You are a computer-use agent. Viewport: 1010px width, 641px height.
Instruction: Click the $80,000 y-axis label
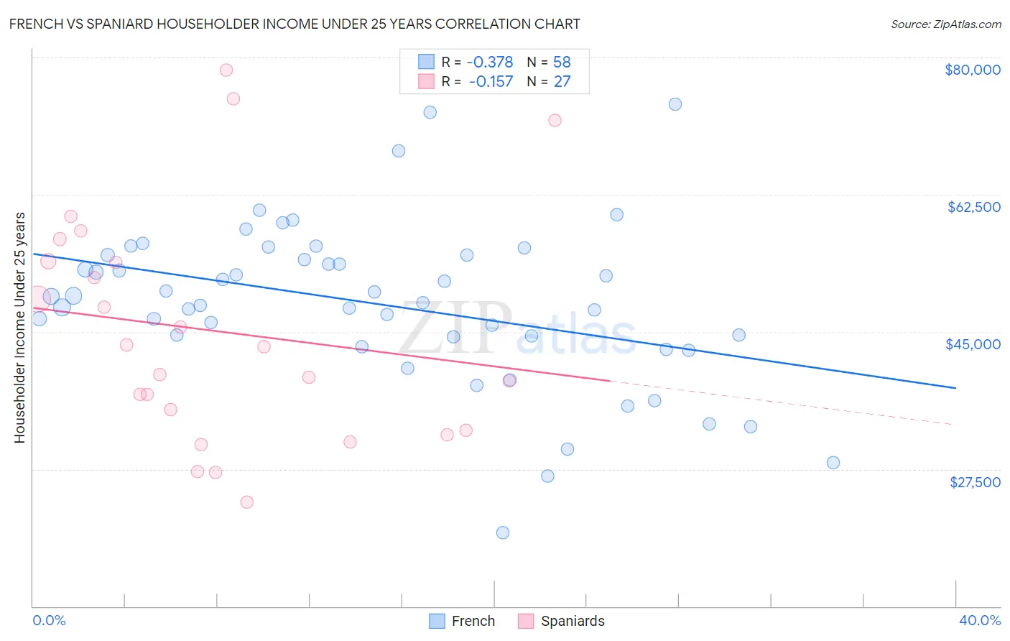pyautogui.click(x=973, y=70)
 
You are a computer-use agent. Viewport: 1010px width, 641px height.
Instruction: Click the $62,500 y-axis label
pyautogui.click(x=974, y=207)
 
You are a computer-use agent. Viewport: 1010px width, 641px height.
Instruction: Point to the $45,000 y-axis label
pyautogui.click(x=973, y=344)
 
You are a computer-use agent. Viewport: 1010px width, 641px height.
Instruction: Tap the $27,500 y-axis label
pyautogui.click(x=975, y=482)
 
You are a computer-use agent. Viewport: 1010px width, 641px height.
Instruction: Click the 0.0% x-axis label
pyautogui.click(x=49, y=620)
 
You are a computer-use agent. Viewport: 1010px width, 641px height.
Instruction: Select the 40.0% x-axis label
pyautogui.click(x=980, y=620)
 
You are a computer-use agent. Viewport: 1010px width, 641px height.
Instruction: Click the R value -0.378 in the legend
pyautogui.click(x=490, y=62)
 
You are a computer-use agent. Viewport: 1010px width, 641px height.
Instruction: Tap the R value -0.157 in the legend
pyautogui.click(x=491, y=81)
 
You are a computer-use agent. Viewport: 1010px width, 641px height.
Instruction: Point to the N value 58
pyautogui.click(x=562, y=62)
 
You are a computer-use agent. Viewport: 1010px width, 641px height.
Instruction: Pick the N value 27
pyautogui.click(x=562, y=81)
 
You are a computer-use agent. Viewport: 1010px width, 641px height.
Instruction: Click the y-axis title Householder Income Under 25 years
pyautogui.click(x=19, y=327)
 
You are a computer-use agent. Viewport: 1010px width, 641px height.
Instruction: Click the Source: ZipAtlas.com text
pyautogui.click(x=946, y=24)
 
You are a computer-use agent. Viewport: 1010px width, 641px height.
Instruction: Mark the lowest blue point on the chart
pyautogui.click(x=503, y=532)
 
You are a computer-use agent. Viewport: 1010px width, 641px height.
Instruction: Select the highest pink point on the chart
pyautogui.click(x=226, y=70)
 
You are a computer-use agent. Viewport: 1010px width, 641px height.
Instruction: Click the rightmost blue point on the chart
pyautogui.click(x=833, y=462)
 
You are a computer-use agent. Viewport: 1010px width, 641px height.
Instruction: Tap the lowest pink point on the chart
pyautogui.click(x=247, y=502)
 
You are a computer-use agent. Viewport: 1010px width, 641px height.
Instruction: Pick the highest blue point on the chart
pyautogui.click(x=675, y=104)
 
